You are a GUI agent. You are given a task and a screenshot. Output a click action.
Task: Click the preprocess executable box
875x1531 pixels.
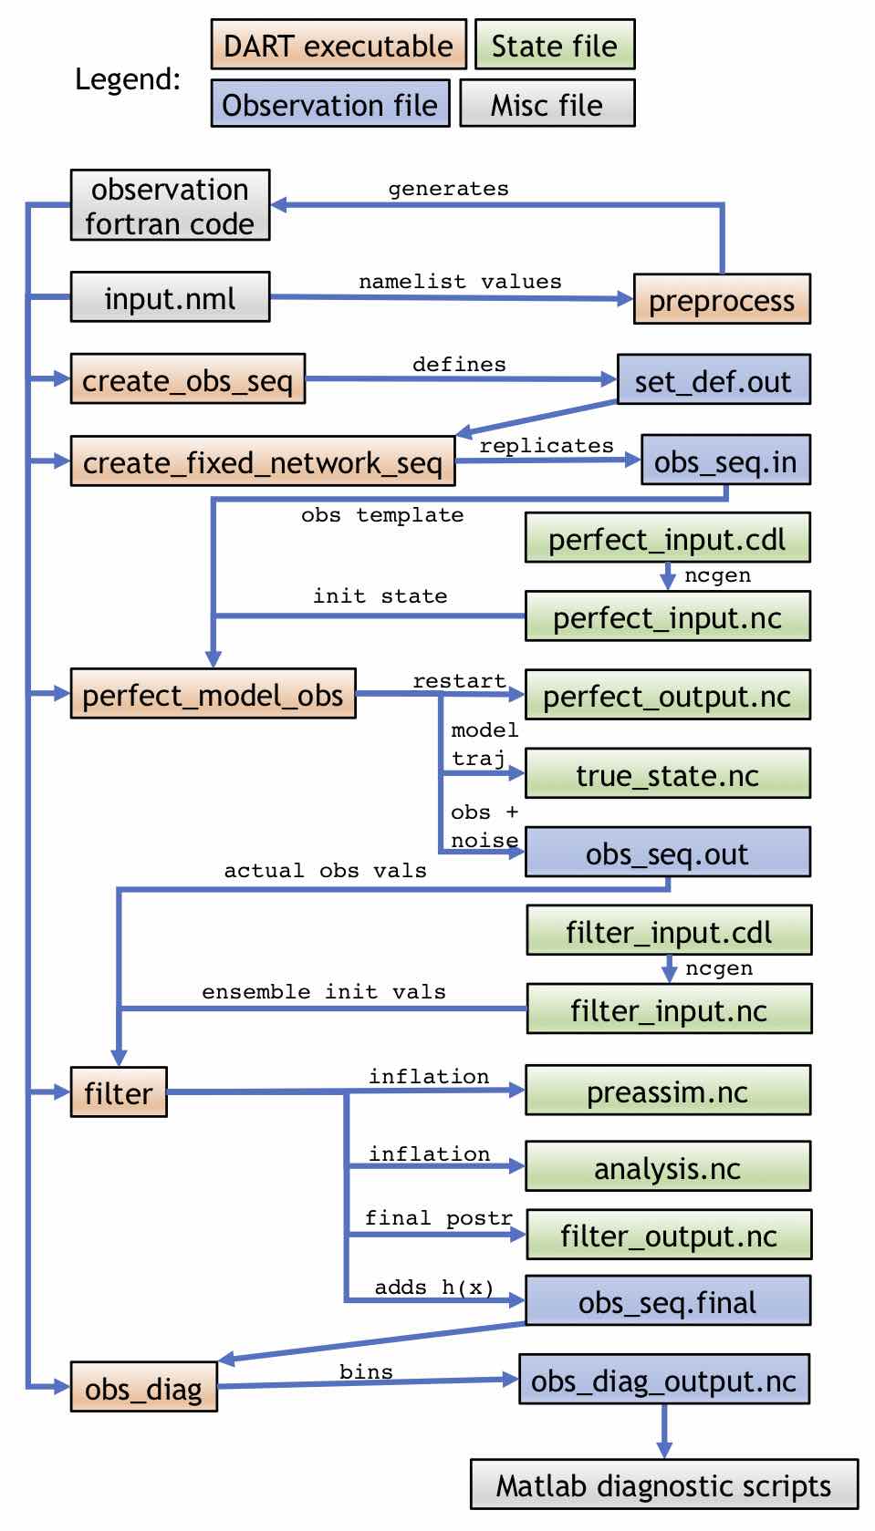tap(722, 299)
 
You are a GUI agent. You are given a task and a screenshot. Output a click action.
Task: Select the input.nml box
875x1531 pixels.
tap(170, 297)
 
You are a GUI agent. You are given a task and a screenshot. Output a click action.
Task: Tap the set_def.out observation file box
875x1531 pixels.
tap(714, 379)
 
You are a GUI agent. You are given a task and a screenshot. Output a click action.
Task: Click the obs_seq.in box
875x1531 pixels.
tap(725, 460)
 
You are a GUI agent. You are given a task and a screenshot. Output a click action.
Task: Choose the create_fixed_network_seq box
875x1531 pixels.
tap(262, 461)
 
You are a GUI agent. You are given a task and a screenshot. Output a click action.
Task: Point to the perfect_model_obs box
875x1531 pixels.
tap(213, 694)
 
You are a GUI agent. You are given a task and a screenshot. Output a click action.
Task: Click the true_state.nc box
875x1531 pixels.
tap(667, 774)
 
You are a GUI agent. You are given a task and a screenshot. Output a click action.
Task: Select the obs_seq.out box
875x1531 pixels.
tap(667, 853)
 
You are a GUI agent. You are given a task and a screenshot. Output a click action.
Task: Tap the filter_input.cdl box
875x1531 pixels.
tap(668, 931)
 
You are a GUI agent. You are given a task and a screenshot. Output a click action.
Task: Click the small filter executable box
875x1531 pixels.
tap(119, 1091)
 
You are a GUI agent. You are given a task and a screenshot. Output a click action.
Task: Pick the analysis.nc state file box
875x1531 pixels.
tap(667, 1167)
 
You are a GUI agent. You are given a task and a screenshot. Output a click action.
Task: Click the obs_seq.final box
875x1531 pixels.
tap(667, 1301)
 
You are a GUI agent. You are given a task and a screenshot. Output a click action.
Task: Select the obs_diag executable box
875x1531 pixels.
tap(143, 1388)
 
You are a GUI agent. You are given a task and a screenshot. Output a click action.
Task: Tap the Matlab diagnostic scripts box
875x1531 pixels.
tap(663, 1485)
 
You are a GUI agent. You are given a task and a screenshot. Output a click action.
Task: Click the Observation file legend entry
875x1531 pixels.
tap(329, 104)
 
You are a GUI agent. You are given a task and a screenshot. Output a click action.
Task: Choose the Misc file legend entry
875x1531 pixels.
tap(547, 104)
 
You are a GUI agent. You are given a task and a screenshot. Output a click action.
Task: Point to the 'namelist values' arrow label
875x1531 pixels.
tap(460, 281)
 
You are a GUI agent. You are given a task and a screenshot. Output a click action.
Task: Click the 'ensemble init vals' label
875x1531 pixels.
tap(323, 991)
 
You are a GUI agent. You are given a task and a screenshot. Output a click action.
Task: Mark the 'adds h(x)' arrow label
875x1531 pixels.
tap(434, 1287)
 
